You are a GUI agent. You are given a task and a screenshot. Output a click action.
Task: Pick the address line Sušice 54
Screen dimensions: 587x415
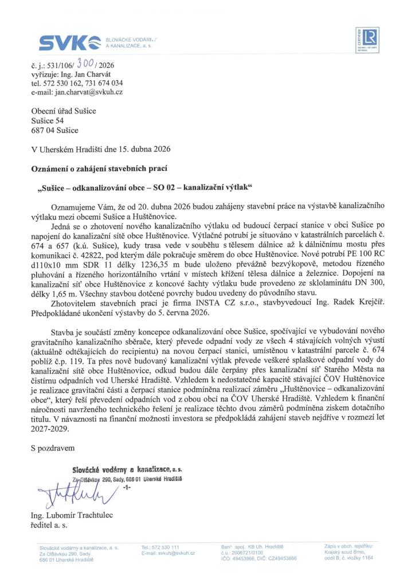coord(47,120)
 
